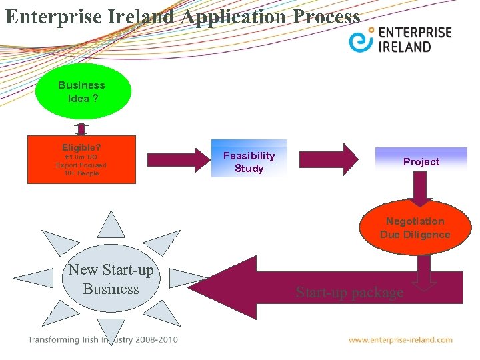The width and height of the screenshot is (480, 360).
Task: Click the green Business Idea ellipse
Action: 82,91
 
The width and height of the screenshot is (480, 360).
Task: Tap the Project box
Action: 421,161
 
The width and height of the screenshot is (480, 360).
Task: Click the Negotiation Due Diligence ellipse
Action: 415,228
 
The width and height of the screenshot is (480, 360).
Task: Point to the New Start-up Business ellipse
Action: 111,279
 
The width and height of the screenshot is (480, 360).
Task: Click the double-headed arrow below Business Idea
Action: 81,129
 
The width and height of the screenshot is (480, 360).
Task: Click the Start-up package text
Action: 349,292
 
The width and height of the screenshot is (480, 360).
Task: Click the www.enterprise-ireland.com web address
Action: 400,340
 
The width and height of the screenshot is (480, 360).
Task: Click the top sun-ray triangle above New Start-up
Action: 111,225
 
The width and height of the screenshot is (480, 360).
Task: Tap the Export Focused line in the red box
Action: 81,165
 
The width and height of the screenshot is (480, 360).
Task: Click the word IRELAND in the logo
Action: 405,47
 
